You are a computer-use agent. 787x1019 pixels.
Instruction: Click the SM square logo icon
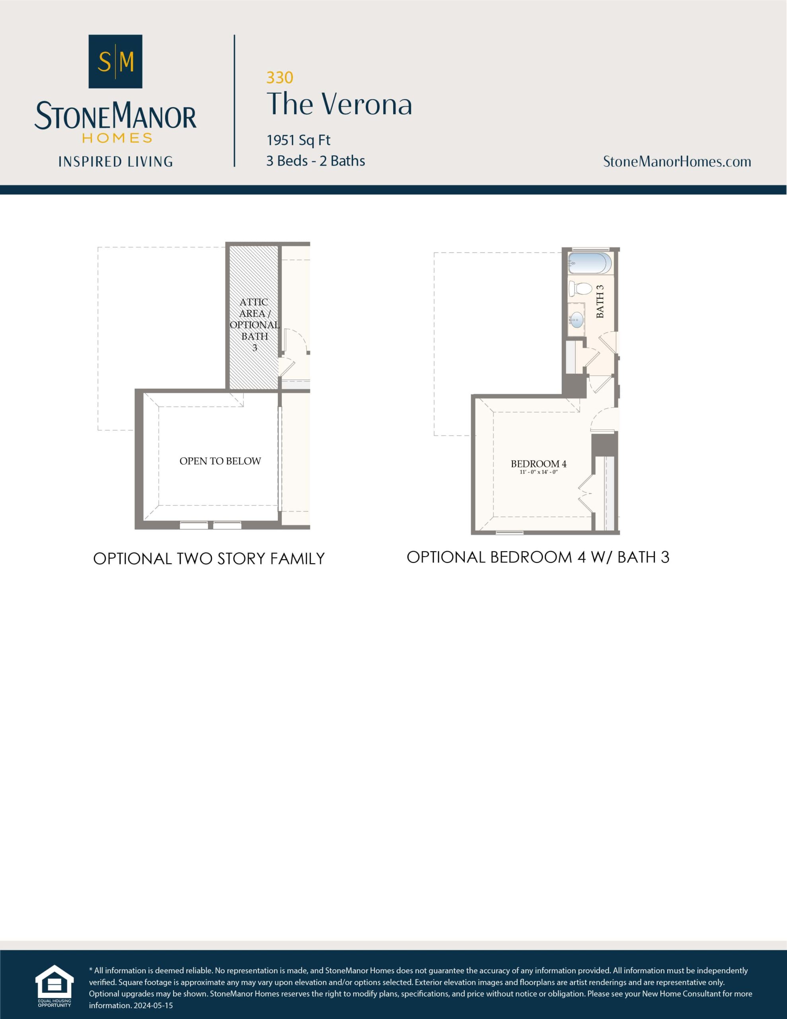tap(115, 61)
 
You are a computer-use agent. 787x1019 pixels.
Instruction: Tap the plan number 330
tap(279, 78)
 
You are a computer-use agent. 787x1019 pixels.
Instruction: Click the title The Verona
tap(339, 104)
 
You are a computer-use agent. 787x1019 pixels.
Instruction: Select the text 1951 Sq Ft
tap(298, 140)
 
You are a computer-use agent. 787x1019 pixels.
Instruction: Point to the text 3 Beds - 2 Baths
tap(316, 161)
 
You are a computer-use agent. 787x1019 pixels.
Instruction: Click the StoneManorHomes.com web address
tap(676, 162)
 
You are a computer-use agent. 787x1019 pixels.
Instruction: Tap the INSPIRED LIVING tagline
tap(115, 162)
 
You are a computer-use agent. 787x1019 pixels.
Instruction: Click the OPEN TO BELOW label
tap(220, 461)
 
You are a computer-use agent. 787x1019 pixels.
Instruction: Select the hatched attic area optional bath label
tap(254, 325)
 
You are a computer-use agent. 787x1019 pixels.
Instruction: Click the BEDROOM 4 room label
tap(538, 464)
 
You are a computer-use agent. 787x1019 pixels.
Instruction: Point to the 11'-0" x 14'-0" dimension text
tap(539, 472)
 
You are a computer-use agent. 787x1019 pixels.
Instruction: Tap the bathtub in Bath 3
tap(589, 263)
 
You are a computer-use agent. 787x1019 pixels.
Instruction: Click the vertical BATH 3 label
tap(600, 301)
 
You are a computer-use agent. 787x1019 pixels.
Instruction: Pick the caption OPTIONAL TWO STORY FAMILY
tap(208, 558)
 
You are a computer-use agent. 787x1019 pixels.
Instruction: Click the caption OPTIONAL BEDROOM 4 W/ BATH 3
tap(538, 557)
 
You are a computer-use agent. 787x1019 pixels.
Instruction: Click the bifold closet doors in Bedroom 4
tap(585, 494)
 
